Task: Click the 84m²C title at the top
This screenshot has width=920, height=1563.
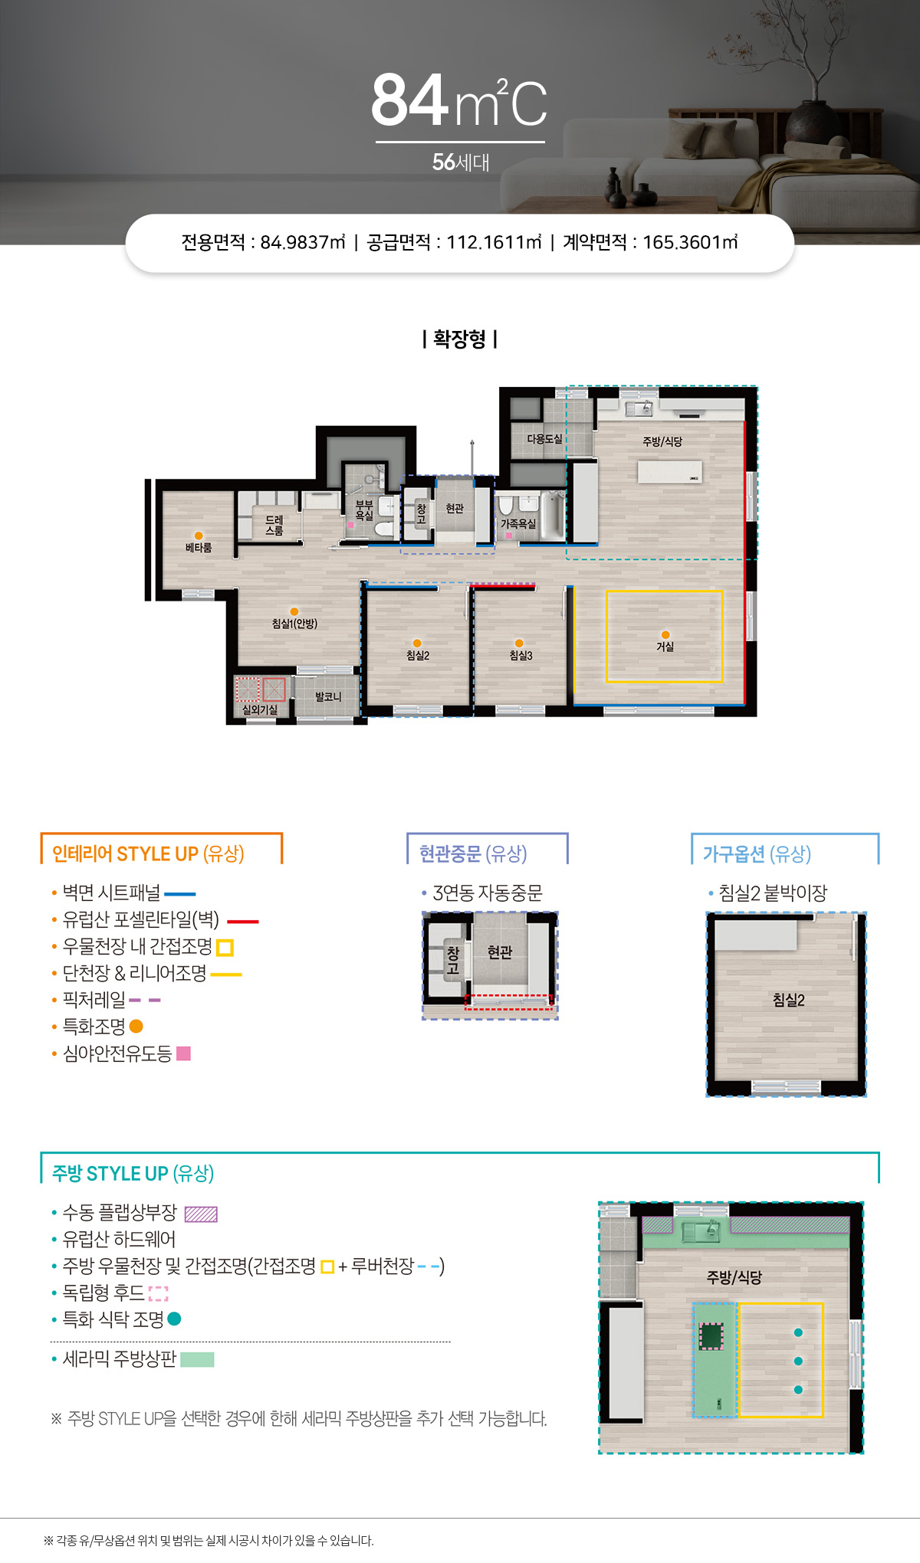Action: (x=459, y=100)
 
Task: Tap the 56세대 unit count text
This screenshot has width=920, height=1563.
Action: (x=461, y=162)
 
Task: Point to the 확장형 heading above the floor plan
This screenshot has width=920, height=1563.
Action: (x=459, y=339)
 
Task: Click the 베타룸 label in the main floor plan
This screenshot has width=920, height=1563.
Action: (x=199, y=548)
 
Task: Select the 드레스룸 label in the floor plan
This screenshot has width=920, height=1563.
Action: (x=274, y=526)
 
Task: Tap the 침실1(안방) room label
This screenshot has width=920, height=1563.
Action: (x=294, y=624)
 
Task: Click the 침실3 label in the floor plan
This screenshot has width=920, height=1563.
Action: (x=521, y=656)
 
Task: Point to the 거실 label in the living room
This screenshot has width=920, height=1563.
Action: (x=665, y=647)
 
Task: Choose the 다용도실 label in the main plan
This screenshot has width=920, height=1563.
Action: (x=544, y=439)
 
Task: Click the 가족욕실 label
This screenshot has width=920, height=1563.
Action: (x=518, y=524)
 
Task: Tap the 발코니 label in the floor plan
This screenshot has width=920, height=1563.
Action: (x=328, y=696)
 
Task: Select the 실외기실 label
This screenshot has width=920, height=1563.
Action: (x=260, y=710)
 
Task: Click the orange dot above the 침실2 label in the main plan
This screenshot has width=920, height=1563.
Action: (x=417, y=644)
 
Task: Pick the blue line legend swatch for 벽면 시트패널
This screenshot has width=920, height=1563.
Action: (x=180, y=894)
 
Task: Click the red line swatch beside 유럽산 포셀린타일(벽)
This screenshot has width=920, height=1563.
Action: (x=243, y=922)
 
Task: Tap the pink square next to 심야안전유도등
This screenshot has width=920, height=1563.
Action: (x=183, y=1053)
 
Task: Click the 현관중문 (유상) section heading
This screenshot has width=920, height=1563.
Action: (x=473, y=854)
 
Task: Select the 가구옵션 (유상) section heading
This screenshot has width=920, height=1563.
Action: (x=757, y=854)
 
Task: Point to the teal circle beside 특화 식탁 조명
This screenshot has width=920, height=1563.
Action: (x=174, y=1319)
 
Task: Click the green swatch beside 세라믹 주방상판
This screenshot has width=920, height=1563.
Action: (x=197, y=1359)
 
